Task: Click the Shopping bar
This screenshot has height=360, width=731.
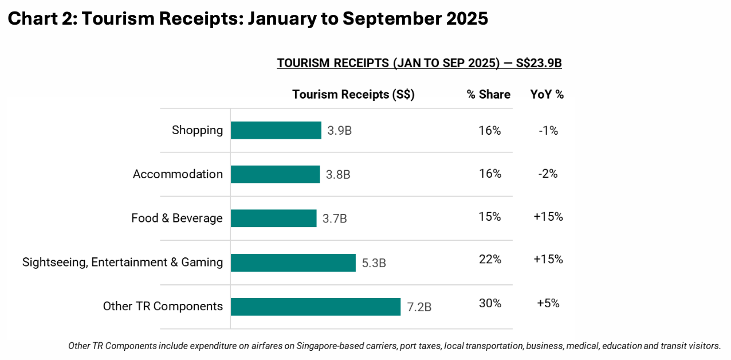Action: pyautogui.click(x=276, y=130)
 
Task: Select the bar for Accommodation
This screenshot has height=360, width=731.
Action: pyautogui.click(x=275, y=174)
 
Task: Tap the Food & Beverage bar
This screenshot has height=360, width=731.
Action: pyautogui.click(x=273, y=218)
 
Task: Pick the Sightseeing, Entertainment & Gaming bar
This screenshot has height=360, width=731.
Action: pyautogui.click(x=293, y=263)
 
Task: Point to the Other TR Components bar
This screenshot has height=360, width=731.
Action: pyautogui.click(x=315, y=307)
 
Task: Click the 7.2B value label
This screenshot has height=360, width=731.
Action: pyautogui.click(x=419, y=307)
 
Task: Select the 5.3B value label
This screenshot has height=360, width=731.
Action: pyautogui.click(x=374, y=263)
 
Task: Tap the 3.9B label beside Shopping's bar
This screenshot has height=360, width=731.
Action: pyautogui.click(x=339, y=131)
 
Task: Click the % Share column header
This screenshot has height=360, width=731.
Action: pyautogui.click(x=488, y=95)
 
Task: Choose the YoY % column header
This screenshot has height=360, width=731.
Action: pyautogui.click(x=547, y=95)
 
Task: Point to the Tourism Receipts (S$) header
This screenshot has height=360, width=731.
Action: pyautogui.click(x=353, y=95)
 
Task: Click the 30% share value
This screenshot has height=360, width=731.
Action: pyautogui.click(x=490, y=303)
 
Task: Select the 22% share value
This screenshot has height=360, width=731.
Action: pyautogui.click(x=490, y=259)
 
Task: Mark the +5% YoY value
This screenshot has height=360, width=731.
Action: pyautogui.click(x=548, y=303)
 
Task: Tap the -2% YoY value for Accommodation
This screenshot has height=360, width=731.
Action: pyautogui.click(x=548, y=174)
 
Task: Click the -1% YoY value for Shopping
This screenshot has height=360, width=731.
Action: pyautogui.click(x=548, y=131)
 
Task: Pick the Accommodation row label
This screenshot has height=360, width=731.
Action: pyautogui.click(x=178, y=174)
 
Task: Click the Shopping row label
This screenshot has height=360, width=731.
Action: pyautogui.click(x=197, y=130)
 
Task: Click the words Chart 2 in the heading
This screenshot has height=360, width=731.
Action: pyautogui.click(x=40, y=18)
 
